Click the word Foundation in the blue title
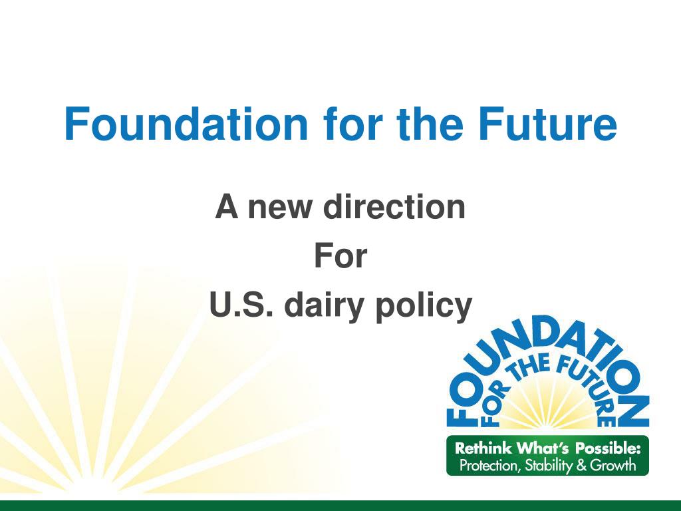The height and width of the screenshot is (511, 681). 186,124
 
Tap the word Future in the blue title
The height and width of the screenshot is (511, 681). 548,124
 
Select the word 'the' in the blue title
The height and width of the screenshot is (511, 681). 430,124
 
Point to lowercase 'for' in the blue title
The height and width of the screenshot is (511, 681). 352,124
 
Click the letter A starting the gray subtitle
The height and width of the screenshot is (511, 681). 227,206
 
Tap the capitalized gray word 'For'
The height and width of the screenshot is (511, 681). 340,256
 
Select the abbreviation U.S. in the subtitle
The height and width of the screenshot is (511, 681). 241,305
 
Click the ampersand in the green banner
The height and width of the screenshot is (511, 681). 581,466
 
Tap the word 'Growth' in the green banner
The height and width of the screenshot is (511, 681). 613,466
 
